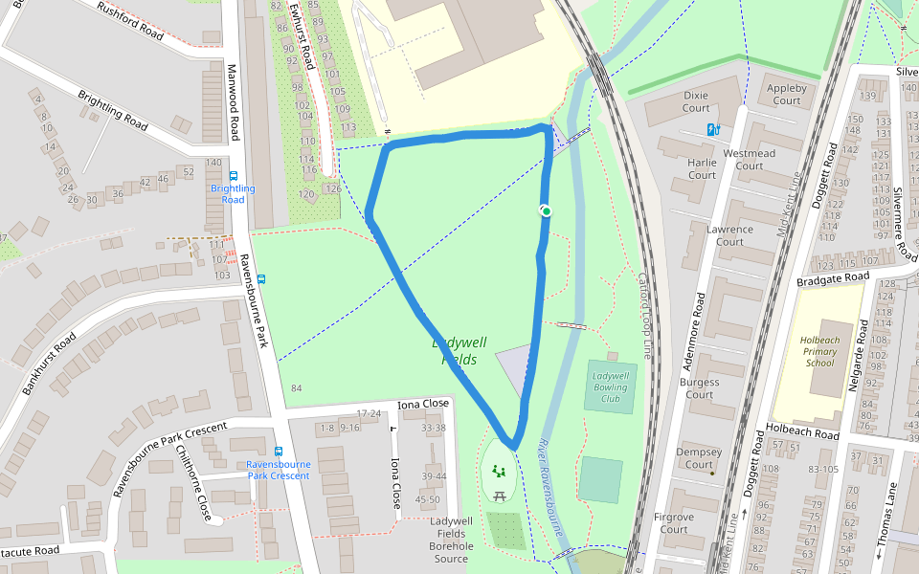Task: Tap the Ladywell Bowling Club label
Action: tap(610, 387)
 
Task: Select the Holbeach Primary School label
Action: tap(819, 351)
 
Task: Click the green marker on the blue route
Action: tap(546, 210)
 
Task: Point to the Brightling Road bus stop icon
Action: tap(233, 175)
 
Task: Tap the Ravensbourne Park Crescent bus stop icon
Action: tap(279, 451)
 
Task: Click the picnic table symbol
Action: tap(500, 495)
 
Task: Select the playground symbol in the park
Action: tap(497, 471)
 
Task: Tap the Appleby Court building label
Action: tap(786, 95)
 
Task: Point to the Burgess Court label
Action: tap(699, 388)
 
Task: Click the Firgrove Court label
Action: tap(673, 523)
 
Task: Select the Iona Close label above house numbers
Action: tap(423, 405)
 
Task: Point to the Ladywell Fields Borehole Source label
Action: tap(451, 540)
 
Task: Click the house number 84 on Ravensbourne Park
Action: tap(297, 388)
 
